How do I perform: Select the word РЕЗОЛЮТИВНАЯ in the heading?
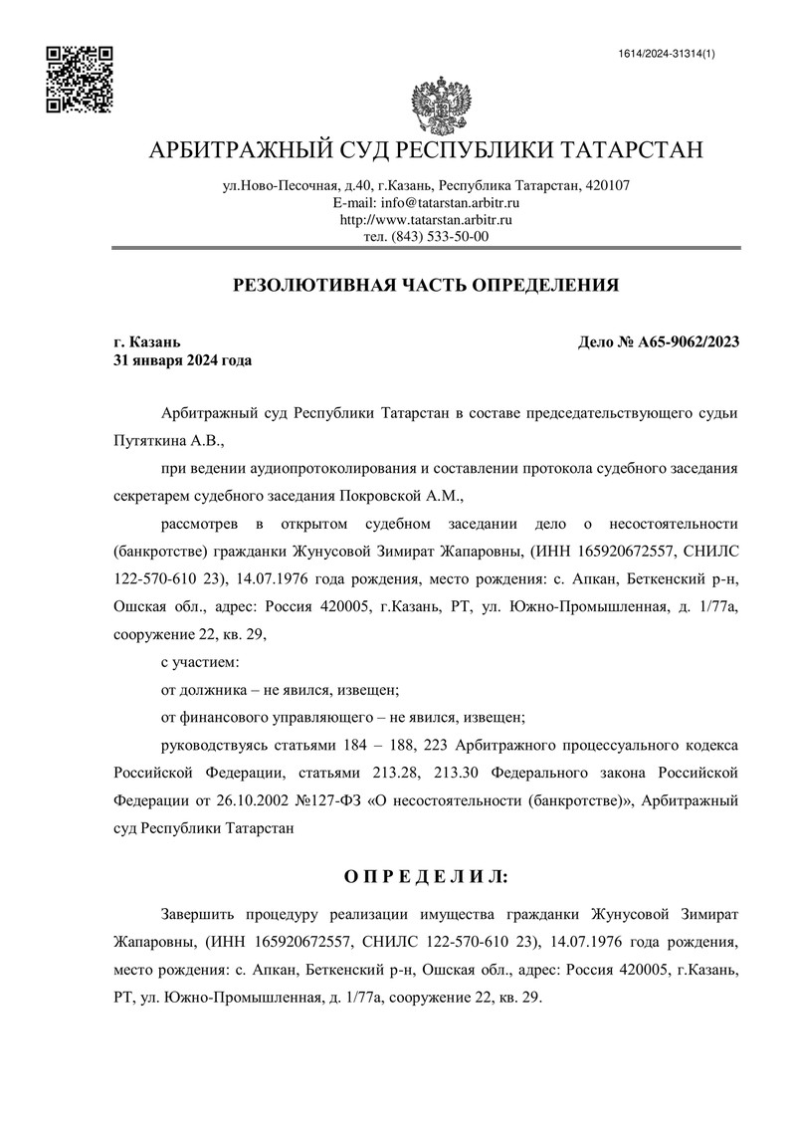[311, 286]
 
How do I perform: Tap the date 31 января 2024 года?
[183, 360]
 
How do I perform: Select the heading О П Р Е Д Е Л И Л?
[425, 876]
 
